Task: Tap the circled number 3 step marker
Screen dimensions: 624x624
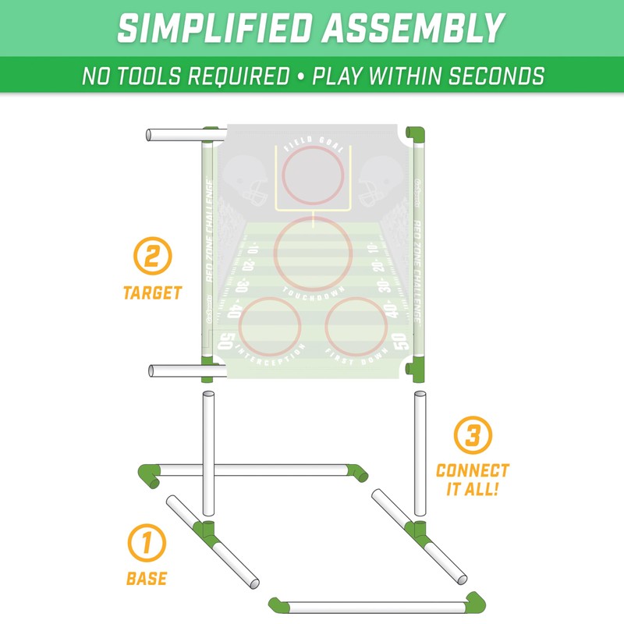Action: tap(473, 435)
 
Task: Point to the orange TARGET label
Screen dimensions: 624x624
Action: tap(152, 294)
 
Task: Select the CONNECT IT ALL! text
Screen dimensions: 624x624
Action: tap(473, 480)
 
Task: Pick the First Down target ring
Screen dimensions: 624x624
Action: tap(356, 328)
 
